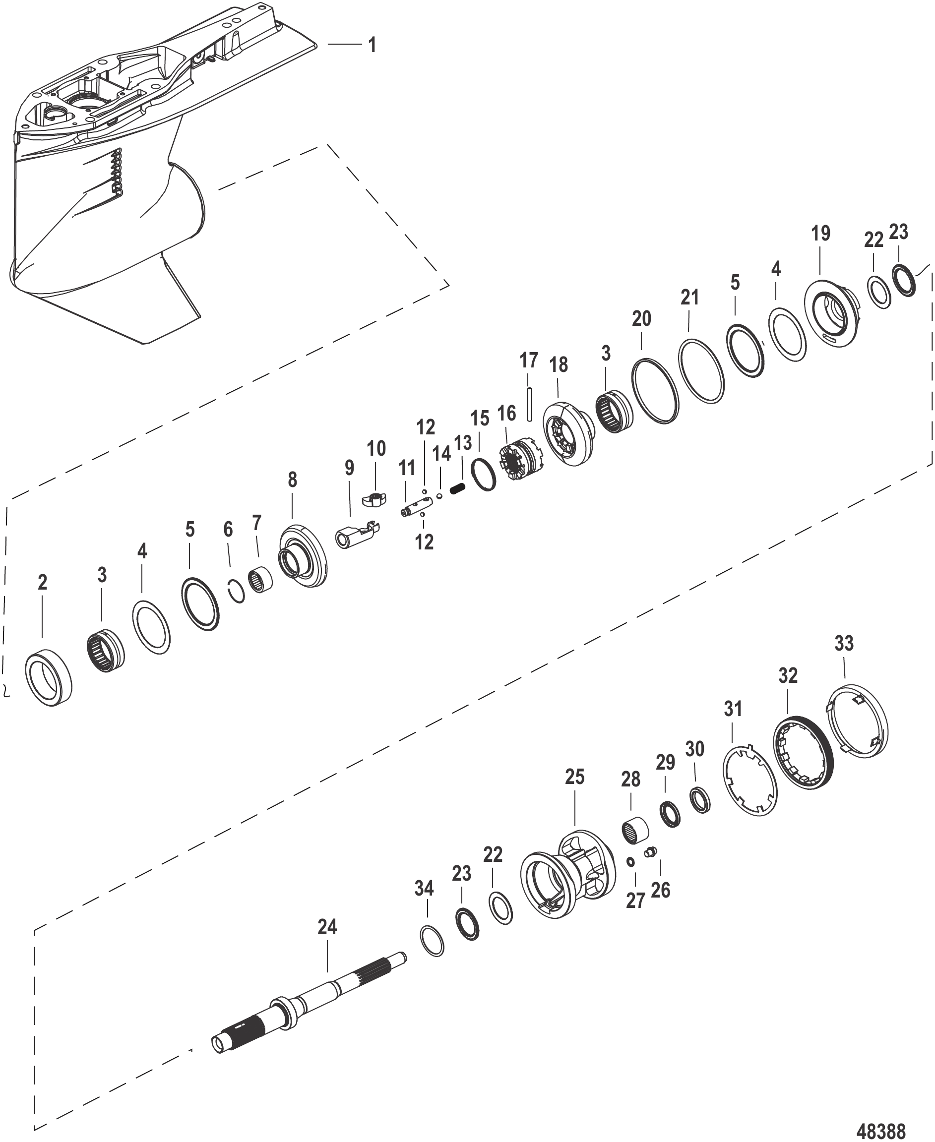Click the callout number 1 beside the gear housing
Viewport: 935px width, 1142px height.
(x=372, y=45)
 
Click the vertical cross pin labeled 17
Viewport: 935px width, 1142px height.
(x=530, y=403)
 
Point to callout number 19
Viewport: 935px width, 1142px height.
(x=821, y=234)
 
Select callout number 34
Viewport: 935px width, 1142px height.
(x=424, y=889)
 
